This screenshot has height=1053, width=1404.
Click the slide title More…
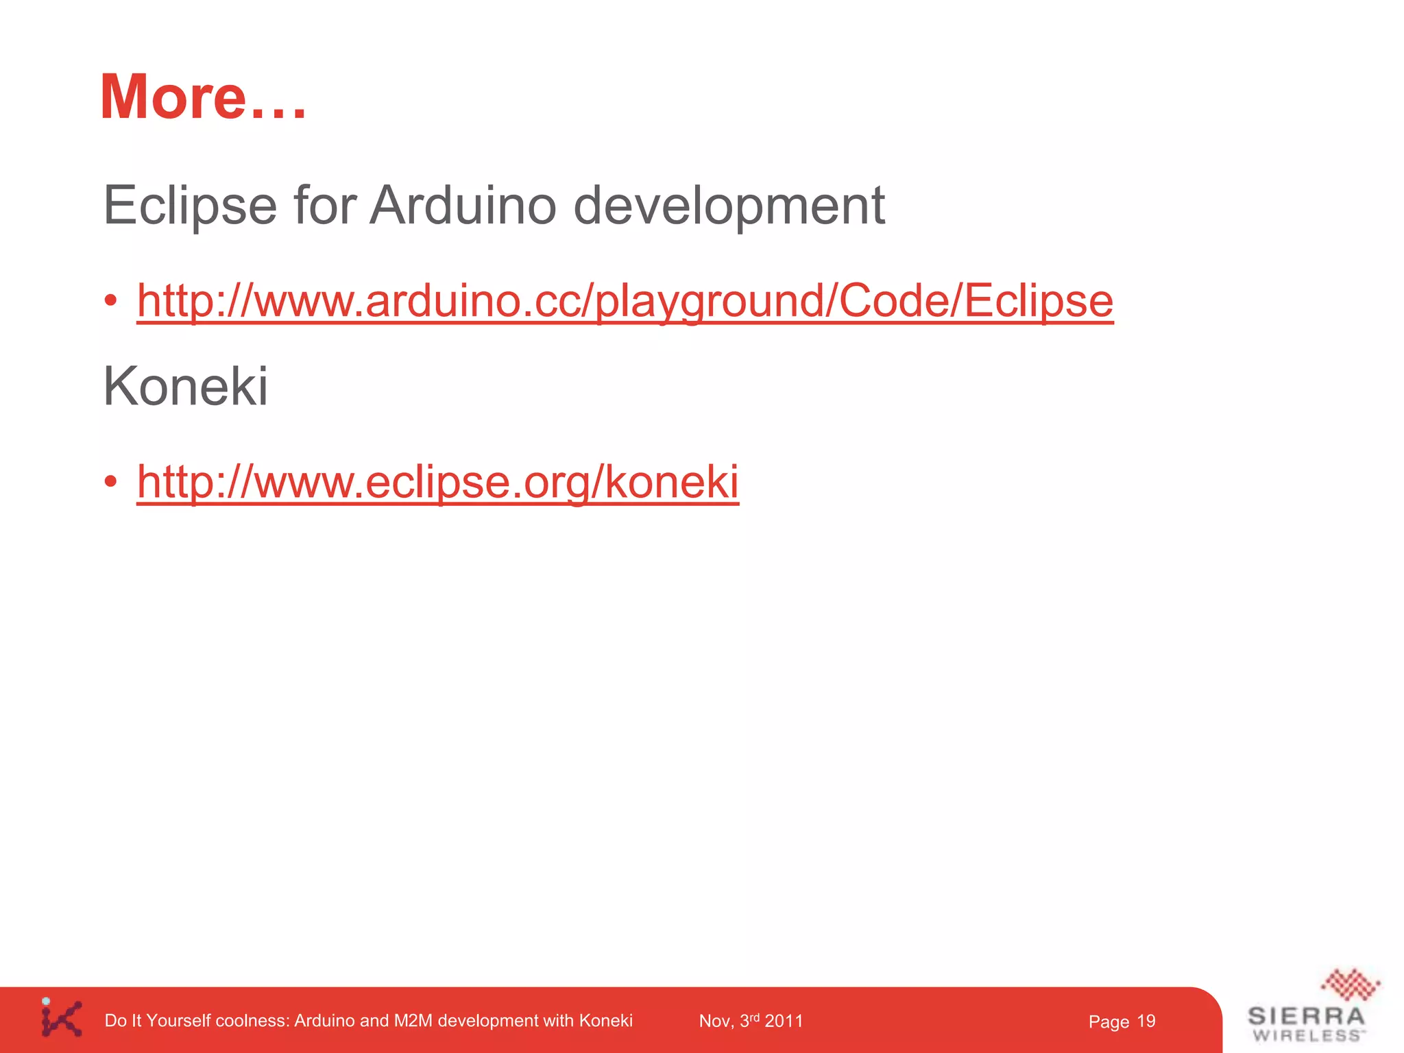(203, 97)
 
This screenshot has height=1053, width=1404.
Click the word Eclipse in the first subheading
(190, 205)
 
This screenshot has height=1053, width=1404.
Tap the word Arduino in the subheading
(463, 205)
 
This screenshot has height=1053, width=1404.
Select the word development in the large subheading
(728, 205)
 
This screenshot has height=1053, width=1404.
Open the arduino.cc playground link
(625, 301)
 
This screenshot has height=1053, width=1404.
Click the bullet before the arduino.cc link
(111, 301)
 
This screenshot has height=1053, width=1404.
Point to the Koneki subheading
(185, 386)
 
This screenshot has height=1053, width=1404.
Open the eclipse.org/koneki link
(437, 481)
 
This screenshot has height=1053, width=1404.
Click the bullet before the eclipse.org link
(111, 481)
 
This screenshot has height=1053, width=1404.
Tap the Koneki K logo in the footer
(62, 1018)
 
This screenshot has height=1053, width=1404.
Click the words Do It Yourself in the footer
(158, 1021)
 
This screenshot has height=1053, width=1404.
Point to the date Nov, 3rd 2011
(751, 1021)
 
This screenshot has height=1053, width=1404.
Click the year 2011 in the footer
(784, 1021)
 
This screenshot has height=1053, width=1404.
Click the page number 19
(1146, 1021)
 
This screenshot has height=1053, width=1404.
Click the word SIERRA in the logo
(1307, 1016)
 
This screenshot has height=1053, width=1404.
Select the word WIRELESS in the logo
(1307, 1036)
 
